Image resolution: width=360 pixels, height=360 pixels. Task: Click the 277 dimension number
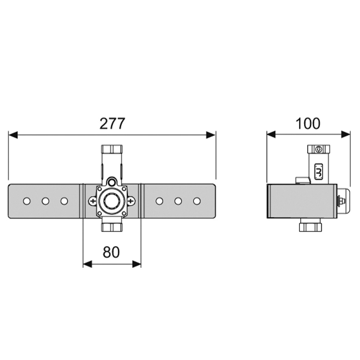tap(112, 124)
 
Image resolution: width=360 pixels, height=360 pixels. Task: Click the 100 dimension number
tap(308, 124)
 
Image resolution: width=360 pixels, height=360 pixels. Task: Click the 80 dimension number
tap(111, 252)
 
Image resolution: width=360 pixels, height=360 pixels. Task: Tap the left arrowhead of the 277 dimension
tap(13, 135)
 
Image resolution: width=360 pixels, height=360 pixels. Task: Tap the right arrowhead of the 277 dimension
tap(211, 135)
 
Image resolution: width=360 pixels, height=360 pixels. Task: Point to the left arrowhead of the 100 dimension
tap(271, 134)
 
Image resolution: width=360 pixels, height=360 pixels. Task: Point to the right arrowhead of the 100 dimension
tap(346, 134)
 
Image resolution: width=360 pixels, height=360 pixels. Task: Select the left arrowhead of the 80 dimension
tap(87, 264)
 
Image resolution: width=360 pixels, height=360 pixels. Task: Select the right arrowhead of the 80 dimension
tap(137, 264)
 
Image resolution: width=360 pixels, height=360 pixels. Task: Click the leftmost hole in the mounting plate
tap(27, 201)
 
